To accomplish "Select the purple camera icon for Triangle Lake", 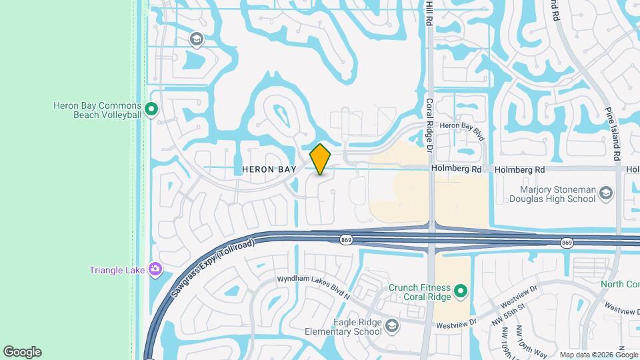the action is coord(155,269).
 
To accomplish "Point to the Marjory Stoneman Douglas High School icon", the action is coord(606,194).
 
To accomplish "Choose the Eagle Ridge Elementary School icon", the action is coord(391,326).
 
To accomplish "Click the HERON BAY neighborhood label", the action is coord(269,169).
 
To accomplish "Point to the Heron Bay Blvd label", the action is coord(461,125).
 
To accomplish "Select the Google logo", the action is coord(22,352).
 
